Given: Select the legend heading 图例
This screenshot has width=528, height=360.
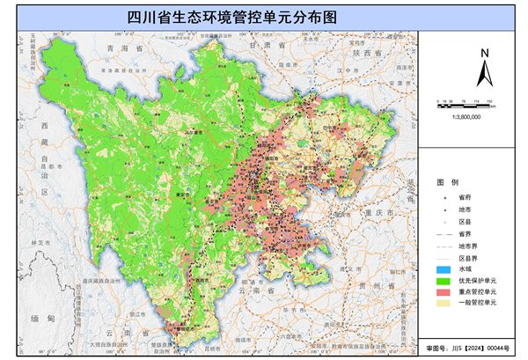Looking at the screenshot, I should pos(447,181).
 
